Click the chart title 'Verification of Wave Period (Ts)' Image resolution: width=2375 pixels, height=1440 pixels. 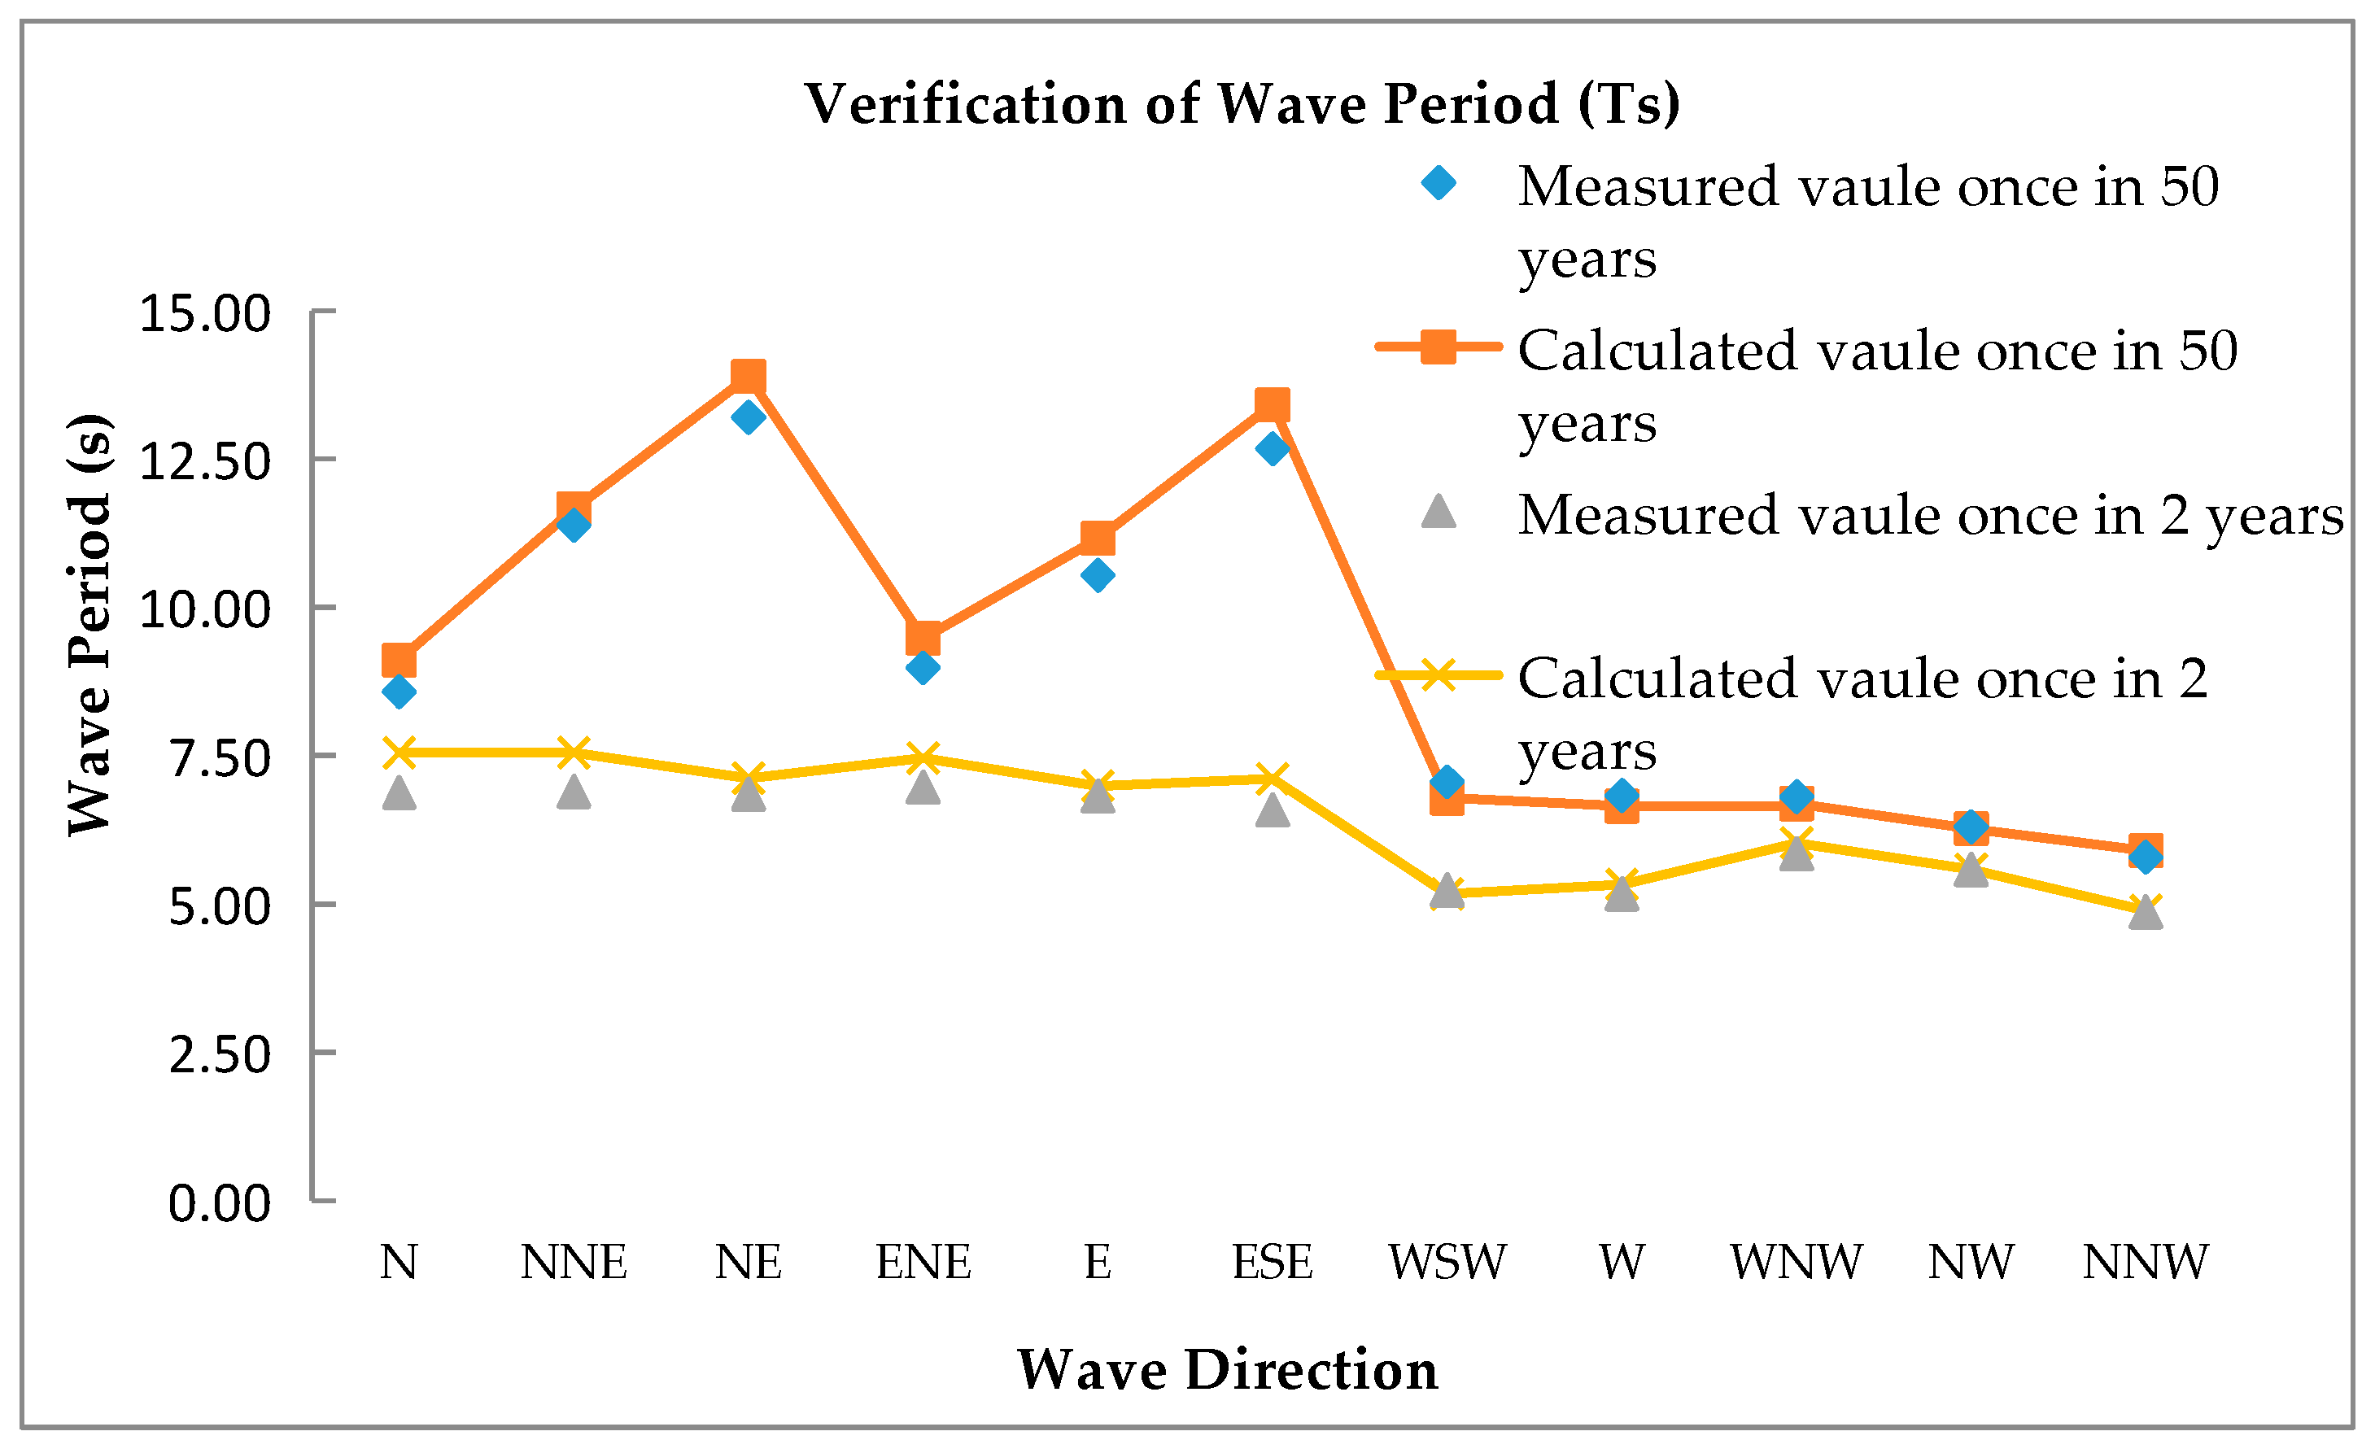(x=1242, y=103)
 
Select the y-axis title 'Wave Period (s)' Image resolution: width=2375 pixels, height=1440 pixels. (x=89, y=625)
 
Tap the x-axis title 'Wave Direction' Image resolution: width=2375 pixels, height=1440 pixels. (x=1227, y=1370)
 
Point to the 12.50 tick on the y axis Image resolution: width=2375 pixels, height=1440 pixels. (x=204, y=461)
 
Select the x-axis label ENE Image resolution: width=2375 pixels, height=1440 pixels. (x=923, y=1262)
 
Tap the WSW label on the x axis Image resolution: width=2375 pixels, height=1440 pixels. (x=1446, y=1262)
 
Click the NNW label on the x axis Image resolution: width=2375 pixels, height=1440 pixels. (x=2145, y=1262)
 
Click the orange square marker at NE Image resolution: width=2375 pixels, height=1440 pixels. (x=748, y=376)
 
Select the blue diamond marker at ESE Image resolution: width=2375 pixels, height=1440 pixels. (x=1273, y=448)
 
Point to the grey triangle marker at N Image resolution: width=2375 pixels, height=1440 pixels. (x=399, y=793)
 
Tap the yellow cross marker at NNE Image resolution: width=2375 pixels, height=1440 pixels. (x=574, y=752)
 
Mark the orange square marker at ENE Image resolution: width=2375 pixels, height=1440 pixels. (x=923, y=637)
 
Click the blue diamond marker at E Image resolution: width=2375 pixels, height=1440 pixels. (x=1097, y=575)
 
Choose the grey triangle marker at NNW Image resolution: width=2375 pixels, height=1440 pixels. (x=2146, y=912)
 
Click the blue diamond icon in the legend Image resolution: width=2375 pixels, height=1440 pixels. (x=1439, y=182)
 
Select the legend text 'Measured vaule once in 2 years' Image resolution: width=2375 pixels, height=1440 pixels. (x=1930, y=516)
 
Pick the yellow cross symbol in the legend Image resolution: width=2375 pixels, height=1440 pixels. (x=1439, y=674)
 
